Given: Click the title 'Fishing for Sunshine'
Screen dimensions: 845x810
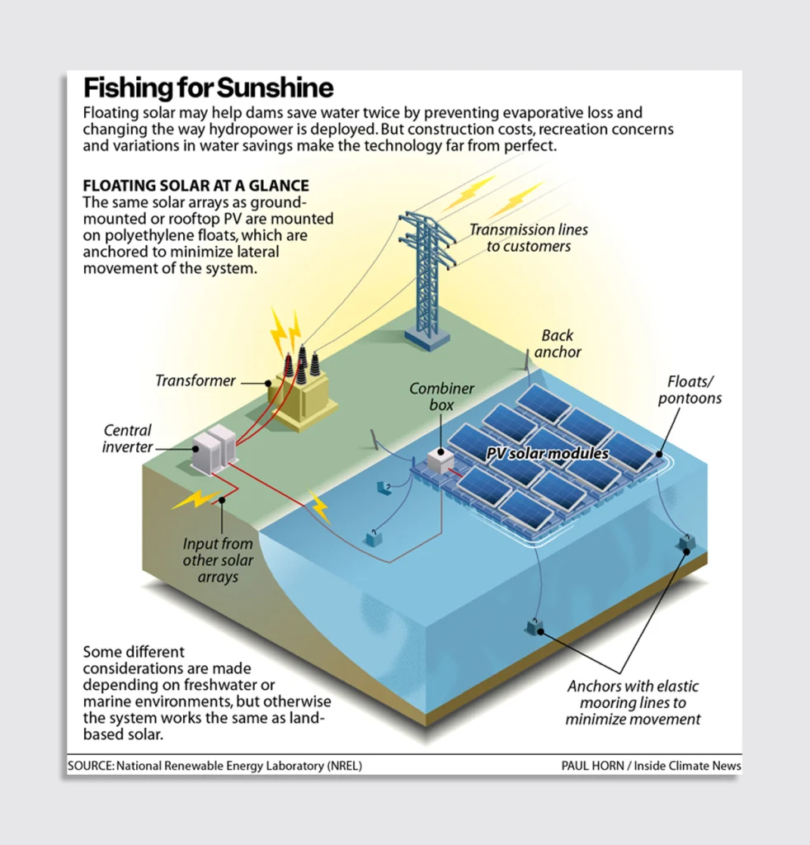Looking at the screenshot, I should [x=208, y=88].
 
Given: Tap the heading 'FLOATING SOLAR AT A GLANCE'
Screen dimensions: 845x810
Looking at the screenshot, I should [x=196, y=186].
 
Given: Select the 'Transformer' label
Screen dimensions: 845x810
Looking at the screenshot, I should [x=195, y=381].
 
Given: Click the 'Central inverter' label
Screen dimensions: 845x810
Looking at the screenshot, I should [x=128, y=438].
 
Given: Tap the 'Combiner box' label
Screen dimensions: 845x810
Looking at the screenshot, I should [x=442, y=396].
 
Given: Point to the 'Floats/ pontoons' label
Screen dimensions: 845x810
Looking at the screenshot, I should [x=695, y=390].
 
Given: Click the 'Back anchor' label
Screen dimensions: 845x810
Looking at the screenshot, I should [x=558, y=343].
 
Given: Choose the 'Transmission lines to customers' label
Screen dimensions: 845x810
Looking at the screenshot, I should [x=529, y=238].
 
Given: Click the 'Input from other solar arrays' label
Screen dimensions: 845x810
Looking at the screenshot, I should [x=218, y=560].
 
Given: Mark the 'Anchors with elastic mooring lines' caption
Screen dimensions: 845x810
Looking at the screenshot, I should [x=633, y=702].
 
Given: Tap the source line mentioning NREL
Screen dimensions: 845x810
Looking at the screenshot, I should [x=214, y=766].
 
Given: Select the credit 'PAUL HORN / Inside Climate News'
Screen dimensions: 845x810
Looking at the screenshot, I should [x=651, y=766].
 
